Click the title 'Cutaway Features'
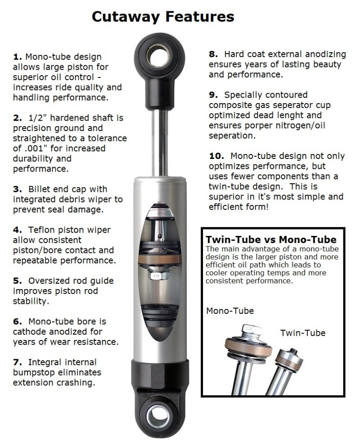163,17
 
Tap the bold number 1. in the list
18,57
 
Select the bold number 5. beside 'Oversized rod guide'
18,280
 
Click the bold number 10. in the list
216,156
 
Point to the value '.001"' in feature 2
32,149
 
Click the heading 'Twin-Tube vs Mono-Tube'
270,239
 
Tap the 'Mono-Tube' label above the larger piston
230,311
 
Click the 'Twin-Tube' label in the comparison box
302,333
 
